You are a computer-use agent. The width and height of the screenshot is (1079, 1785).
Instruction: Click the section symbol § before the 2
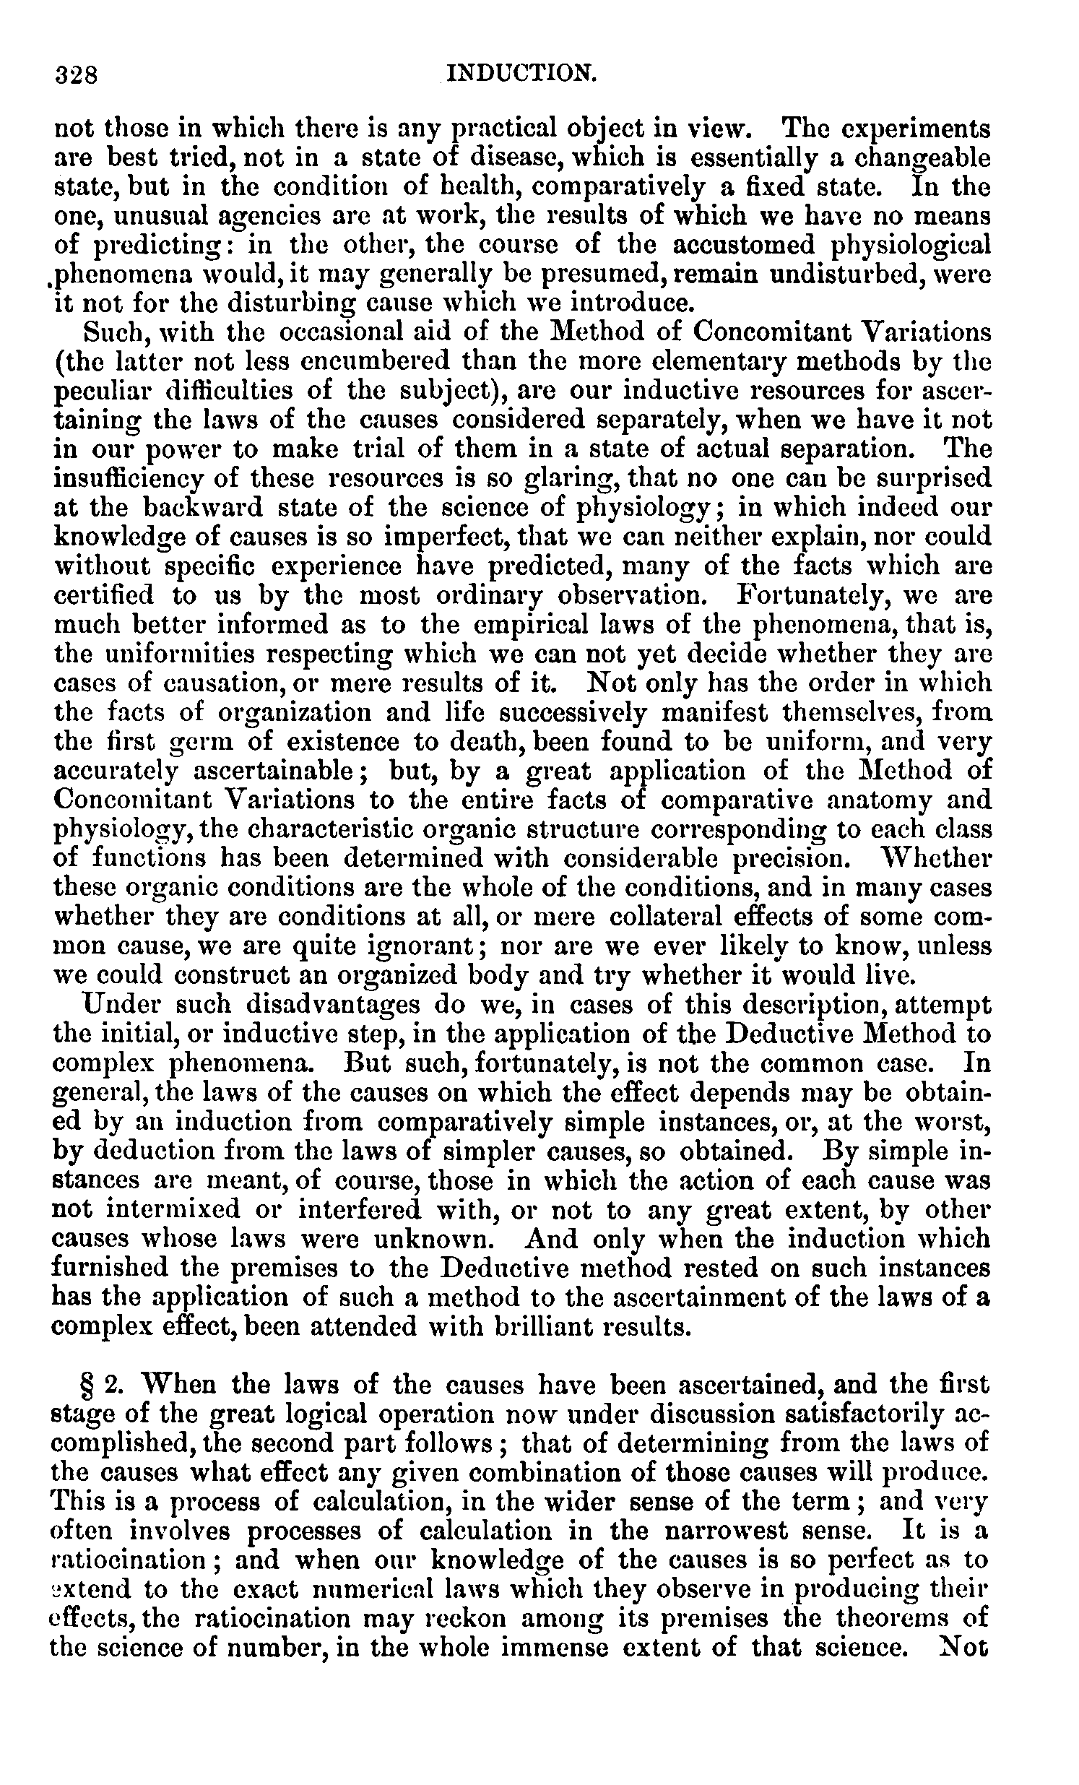[x=91, y=1386]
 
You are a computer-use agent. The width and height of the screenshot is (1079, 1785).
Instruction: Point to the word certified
[x=105, y=595]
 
